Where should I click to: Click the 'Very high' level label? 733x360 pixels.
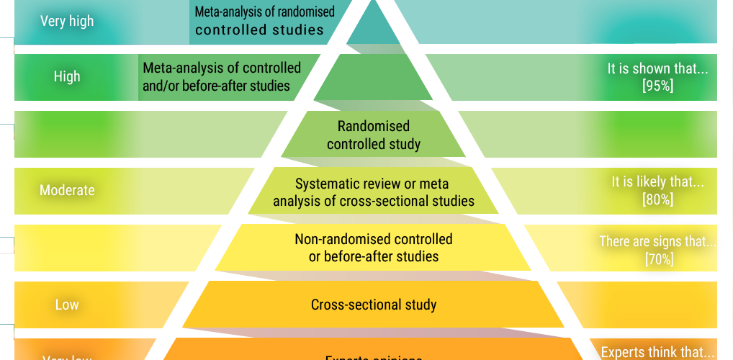[x=67, y=21]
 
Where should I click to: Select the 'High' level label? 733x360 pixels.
[x=67, y=76]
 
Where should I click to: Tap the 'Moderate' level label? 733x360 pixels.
[x=67, y=190]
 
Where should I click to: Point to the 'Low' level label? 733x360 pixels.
[x=67, y=305]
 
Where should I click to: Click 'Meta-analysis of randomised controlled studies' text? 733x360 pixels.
[x=264, y=21]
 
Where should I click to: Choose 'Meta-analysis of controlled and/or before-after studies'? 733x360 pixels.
[x=222, y=77]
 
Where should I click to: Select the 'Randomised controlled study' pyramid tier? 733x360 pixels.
[x=374, y=135]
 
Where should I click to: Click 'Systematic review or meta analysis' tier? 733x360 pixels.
[x=374, y=192]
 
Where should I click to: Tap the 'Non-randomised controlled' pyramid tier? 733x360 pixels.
[x=374, y=248]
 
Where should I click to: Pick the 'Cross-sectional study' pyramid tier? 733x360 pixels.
[x=374, y=305]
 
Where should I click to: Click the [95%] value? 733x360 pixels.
[x=657, y=86]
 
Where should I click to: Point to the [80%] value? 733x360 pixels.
[x=657, y=199]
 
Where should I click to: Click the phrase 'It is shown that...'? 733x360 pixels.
[x=657, y=69]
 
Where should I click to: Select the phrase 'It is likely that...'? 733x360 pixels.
[x=657, y=182]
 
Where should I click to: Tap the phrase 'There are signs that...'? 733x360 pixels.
[x=658, y=241]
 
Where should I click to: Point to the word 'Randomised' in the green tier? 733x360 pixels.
[x=374, y=127]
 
